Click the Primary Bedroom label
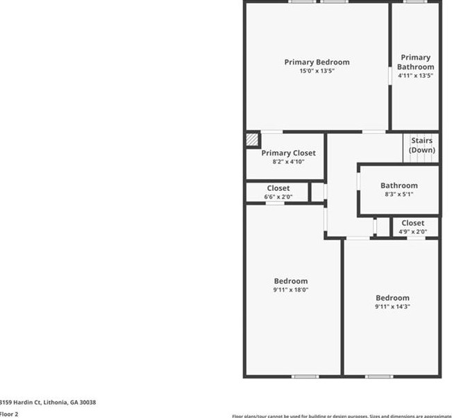point(317,62)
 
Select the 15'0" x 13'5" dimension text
point(317,72)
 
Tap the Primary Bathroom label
point(415,62)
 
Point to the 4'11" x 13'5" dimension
point(415,76)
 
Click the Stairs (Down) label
point(421,145)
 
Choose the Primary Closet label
point(288,153)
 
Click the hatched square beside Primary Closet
point(251,139)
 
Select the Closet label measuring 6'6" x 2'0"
point(278,188)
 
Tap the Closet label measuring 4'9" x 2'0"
point(412,223)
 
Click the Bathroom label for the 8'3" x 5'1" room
point(399,185)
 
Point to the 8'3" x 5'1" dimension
point(399,195)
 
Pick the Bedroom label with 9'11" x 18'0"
point(291,281)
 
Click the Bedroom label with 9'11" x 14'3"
point(392,298)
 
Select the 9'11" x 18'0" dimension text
point(291,290)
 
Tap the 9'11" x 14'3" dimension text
point(392,307)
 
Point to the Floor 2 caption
point(9,414)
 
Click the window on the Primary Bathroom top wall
point(415,2)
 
